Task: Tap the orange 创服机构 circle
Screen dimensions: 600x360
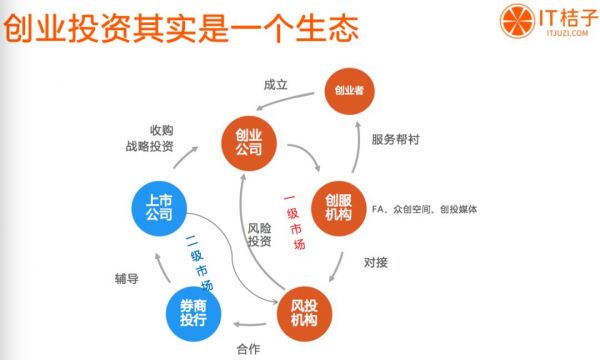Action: pyautogui.click(x=339, y=204)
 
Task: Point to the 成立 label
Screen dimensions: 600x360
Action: pyautogui.click(x=275, y=85)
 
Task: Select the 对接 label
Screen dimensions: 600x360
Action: pyautogui.click(x=375, y=263)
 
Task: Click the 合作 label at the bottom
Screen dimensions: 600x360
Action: pyautogui.click(x=249, y=349)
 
